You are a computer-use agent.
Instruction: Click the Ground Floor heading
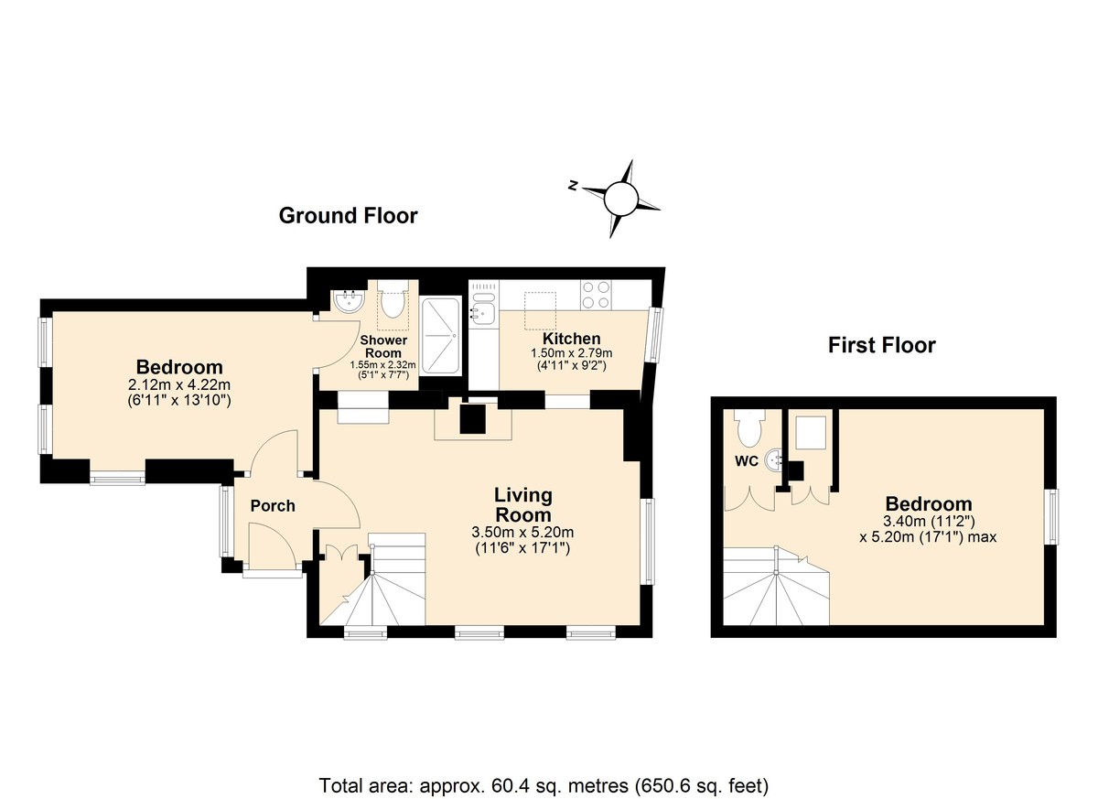coord(348,216)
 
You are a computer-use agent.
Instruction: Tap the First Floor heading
coord(882,345)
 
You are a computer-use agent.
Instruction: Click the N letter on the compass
coord(572,186)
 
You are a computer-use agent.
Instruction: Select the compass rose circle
coord(621,199)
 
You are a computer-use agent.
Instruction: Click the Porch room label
coord(273,506)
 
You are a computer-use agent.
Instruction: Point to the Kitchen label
coord(572,339)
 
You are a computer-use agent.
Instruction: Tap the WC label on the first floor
coord(747,460)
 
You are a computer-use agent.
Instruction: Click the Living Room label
coord(523,505)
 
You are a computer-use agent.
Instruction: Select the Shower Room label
coord(383,347)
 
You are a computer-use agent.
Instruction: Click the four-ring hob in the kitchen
coord(596,295)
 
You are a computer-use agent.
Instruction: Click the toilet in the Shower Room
coord(393,299)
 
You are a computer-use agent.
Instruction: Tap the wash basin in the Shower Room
coord(348,300)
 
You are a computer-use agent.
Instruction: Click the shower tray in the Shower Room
coord(441,336)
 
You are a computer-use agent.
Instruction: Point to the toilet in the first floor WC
coord(749,428)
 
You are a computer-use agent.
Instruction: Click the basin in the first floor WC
coord(774,460)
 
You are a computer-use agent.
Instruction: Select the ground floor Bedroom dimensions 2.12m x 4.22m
coord(178,384)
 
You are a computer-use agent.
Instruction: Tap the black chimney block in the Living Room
coord(472,418)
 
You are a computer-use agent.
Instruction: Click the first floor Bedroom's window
coord(1052,517)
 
